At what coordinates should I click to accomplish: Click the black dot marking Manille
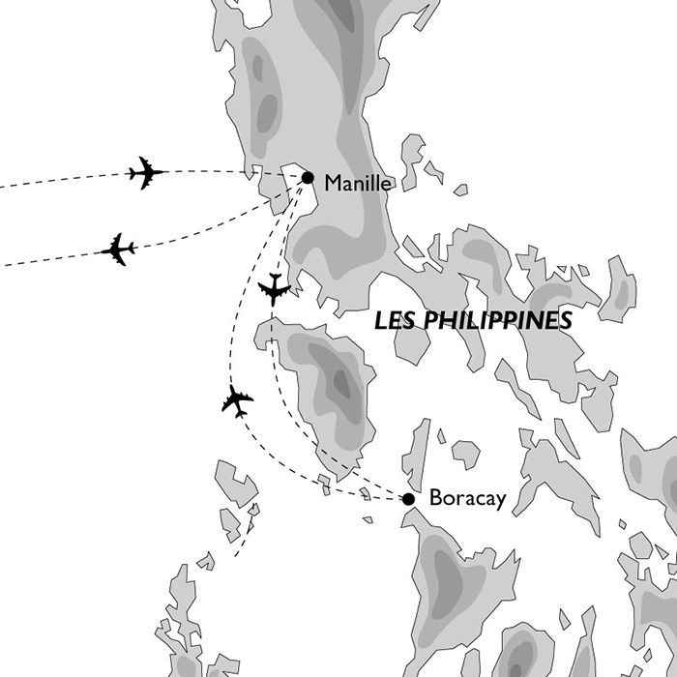[x=308, y=177]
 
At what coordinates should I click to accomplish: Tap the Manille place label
[x=358, y=181]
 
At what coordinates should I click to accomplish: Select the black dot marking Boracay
[x=408, y=499]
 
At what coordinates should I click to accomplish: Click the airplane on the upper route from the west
[x=146, y=173]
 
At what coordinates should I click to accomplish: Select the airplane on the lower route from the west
[x=119, y=250]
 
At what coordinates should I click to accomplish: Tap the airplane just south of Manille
[x=275, y=288]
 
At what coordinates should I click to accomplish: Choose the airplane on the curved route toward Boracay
[x=236, y=399]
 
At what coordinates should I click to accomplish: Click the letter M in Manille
[x=334, y=181]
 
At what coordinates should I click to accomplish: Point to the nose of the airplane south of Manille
[x=275, y=304]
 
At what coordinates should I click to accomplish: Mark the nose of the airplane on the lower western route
[x=134, y=248]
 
